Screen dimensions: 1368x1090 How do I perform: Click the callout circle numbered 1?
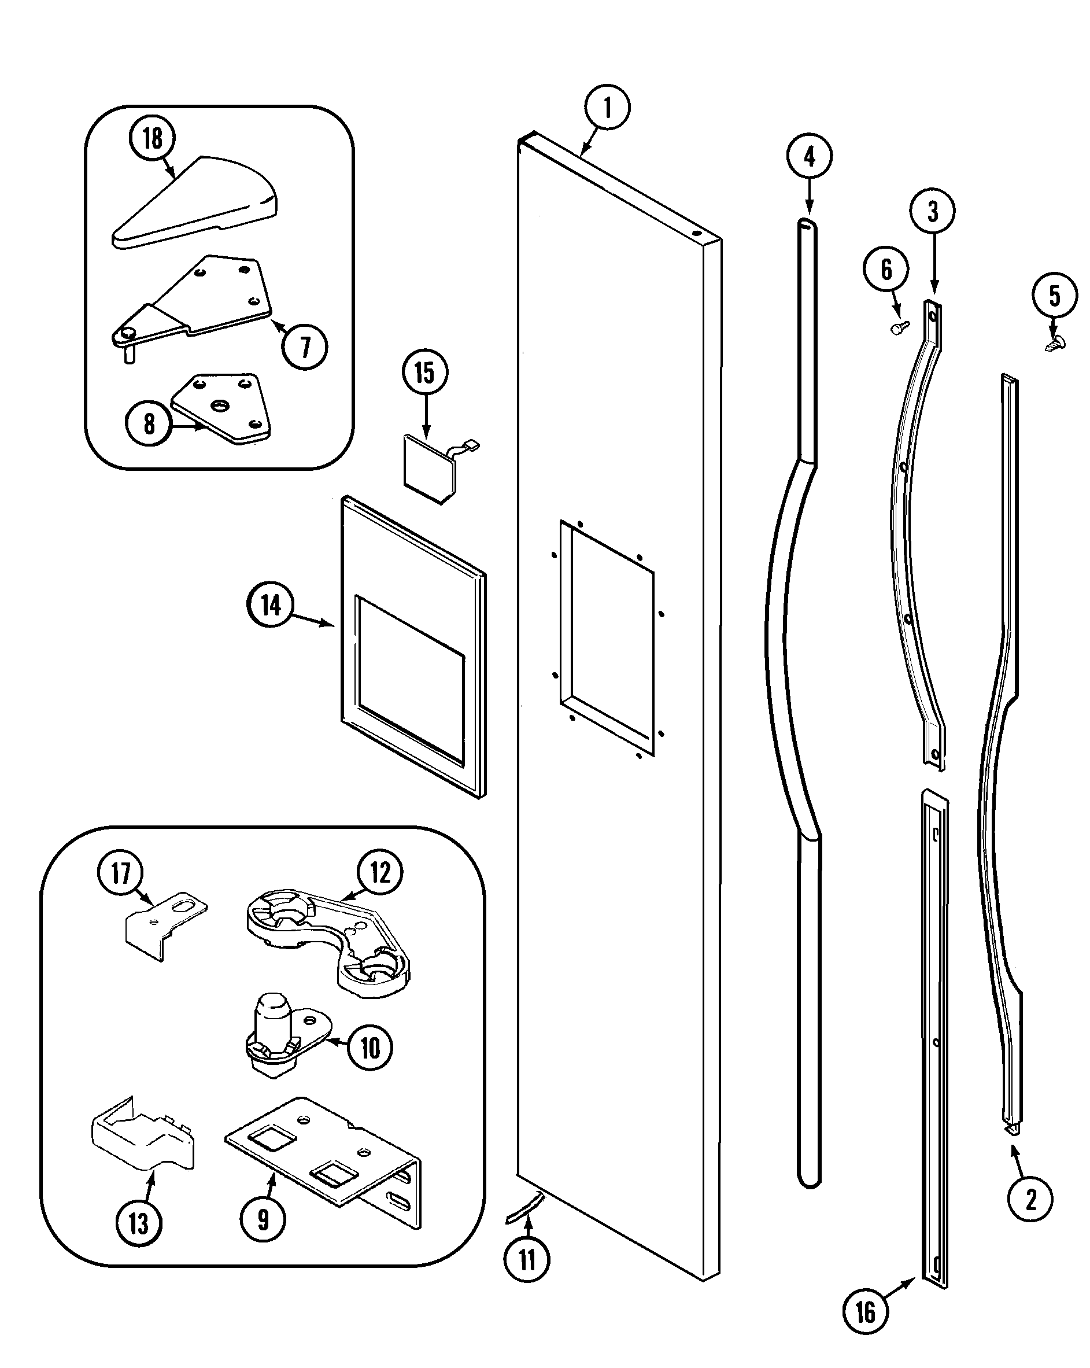click(607, 107)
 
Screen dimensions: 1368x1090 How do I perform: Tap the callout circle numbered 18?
click(152, 138)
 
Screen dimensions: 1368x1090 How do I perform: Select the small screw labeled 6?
click(899, 327)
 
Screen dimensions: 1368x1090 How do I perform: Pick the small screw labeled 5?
click(1055, 343)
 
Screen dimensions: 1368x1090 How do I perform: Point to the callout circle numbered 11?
click(527, 1259)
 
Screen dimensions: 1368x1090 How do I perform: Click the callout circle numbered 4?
click(809, 156)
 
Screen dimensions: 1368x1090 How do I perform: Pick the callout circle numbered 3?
click(932, 211)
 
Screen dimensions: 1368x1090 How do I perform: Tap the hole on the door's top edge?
click(697, 233)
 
